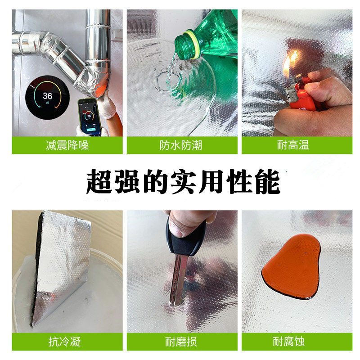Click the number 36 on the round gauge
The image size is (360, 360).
[48, 96]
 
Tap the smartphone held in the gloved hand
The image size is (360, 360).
[90, 117]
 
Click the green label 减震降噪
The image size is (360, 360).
[67, 145]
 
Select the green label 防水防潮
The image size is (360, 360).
[182, 145]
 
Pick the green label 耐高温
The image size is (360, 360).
[297, 145]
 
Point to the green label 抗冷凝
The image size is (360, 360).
[67, 342]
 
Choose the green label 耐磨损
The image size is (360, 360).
[182, 342]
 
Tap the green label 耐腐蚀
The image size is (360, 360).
[297, 342]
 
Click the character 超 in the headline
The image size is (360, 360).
[99, 181]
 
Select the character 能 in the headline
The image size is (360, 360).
[267, 181]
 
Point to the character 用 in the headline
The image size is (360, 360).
[211, 181]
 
